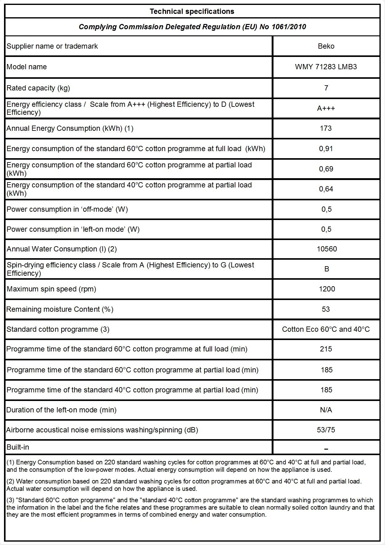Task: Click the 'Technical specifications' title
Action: [192, 11]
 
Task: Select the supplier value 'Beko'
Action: [326, 46]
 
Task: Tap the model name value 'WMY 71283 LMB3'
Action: [326, 67]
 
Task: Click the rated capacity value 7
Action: [326, 88]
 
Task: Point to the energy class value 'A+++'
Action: [326, 108]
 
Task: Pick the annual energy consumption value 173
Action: [326, 128]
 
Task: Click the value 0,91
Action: [326, 149]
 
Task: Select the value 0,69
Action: [326, 169]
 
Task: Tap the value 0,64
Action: [326, 189]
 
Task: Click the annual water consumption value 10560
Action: [327, 249]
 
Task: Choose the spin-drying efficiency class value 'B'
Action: [327, 269]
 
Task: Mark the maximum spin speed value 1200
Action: [327, 289]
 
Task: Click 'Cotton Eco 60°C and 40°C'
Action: [326, 329]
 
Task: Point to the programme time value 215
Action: [326, 349]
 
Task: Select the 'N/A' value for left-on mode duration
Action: [326, 410]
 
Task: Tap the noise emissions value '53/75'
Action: [326, 430]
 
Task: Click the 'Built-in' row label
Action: [18, 447]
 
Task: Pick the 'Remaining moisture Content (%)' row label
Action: [60, 309]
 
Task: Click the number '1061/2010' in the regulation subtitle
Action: [289, 27]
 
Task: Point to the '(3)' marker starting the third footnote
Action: [10, 500]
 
